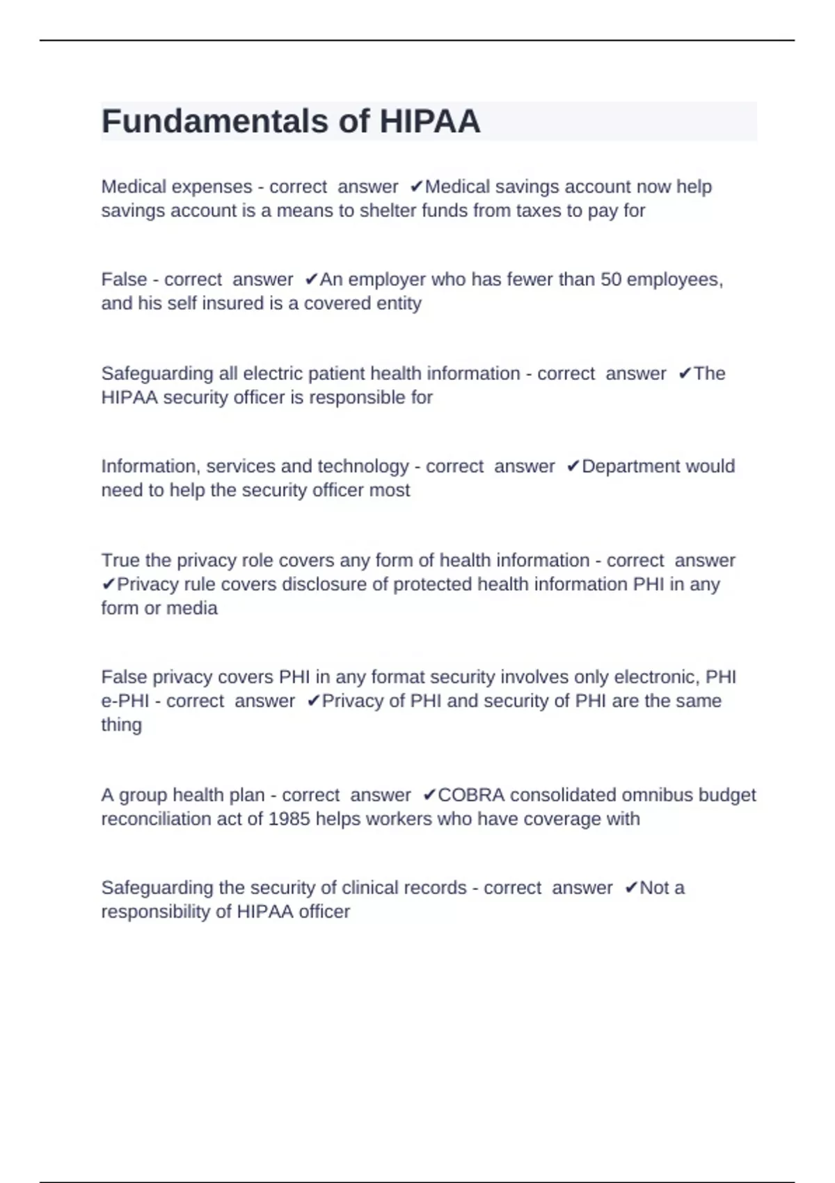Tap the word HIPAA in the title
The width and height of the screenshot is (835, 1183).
(x=429, y=122)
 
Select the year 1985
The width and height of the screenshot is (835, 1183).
(x=289, y=819)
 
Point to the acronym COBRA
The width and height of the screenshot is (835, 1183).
(x=471, y=795)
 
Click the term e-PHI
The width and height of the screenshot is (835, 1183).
(x=125, y=701)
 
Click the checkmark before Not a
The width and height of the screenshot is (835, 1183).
(x=630, y=888)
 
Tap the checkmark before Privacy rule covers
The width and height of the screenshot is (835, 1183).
(x=108, y=585)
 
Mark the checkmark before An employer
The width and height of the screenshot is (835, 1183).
(x=311, y=280)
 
